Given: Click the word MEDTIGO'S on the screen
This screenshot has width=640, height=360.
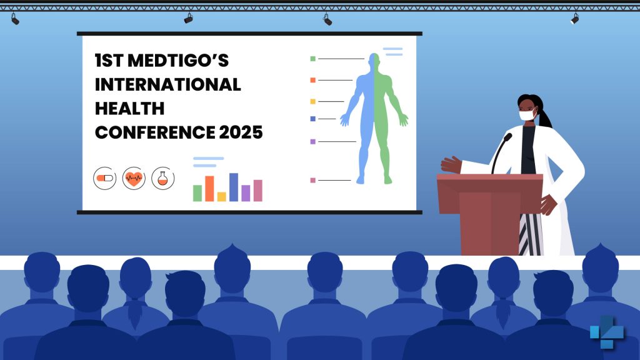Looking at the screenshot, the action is tap(178, 61).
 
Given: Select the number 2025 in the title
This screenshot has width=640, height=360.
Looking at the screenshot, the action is tap(241, 132).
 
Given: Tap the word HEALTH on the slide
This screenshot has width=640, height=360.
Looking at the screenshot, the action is tap(130, 109).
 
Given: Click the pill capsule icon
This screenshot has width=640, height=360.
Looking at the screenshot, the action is tap(105, 178).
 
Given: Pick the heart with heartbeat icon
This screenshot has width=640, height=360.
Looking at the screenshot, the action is tap(134, 178).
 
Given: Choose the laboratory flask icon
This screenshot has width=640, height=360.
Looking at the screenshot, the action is tap(163, 178).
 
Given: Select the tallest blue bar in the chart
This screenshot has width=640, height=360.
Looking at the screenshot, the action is tap(234, 187).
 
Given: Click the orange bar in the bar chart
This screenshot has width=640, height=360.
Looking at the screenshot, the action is tap(209, 189).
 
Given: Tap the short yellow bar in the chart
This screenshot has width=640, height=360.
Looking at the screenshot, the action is tap(222, 197).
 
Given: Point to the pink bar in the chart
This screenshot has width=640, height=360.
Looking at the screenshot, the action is tap(258, 191).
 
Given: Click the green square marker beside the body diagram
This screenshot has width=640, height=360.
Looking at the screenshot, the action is tap(313, 59).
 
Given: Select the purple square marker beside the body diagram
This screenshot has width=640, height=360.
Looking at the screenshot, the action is tap(313, 142).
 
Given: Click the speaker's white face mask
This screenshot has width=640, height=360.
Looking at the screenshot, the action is tap(527, 115).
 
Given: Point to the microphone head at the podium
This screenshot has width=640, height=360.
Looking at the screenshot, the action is tap(508, 137).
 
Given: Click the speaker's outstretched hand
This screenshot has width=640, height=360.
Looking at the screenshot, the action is tap(451, 164).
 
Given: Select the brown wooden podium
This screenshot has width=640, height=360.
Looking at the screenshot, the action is tap(490, 214).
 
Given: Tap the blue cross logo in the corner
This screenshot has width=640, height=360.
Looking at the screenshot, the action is tap(607, 332).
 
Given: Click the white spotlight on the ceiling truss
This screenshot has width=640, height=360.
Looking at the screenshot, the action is tap(575, 18).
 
